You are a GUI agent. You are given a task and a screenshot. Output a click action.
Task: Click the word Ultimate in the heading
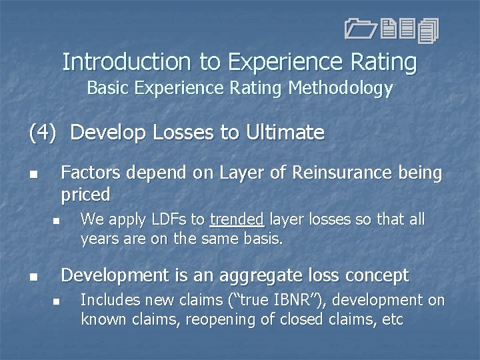tap(285, 133)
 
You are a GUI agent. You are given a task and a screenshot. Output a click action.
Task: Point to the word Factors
tap(90, 173)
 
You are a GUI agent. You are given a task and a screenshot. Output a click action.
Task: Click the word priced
tap(86, 195)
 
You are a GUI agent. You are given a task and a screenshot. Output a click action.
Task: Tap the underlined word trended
tap(237, 219)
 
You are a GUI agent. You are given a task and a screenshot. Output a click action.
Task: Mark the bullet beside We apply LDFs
tap(57, 221)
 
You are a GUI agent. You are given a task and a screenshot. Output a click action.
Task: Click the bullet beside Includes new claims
tap(57, 302)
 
